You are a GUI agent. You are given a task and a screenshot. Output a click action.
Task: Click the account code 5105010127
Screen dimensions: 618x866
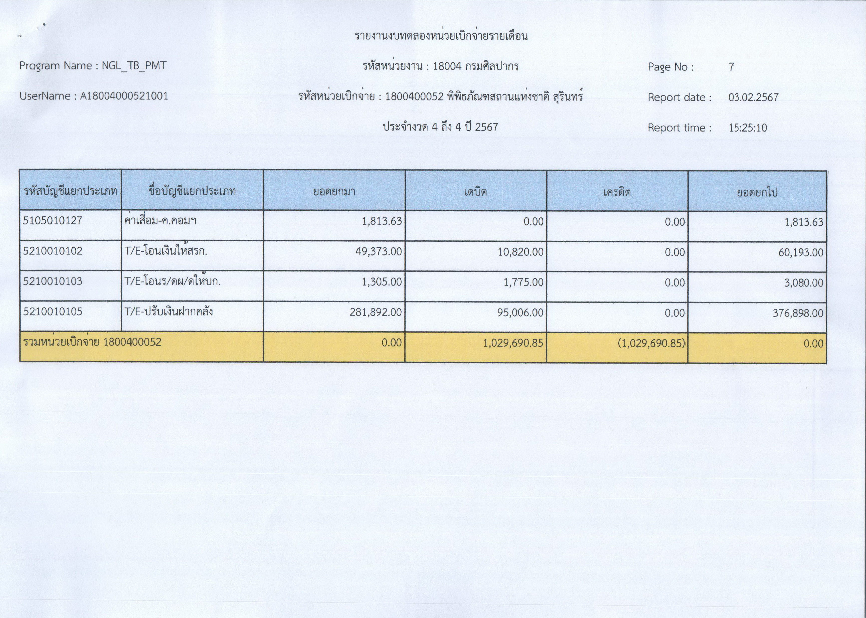pos(53,221)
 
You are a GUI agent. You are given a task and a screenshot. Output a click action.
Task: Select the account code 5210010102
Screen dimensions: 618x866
pos(53,251)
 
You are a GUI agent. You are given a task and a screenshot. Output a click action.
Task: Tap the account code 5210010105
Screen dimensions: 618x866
pos(53,312)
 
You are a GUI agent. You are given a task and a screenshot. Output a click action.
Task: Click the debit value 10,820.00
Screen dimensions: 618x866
pos(521,252)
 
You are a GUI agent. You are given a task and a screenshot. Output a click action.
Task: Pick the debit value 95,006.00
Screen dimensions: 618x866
pos(521,313)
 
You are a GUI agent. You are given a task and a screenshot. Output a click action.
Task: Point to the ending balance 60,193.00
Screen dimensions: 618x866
pos(801,252)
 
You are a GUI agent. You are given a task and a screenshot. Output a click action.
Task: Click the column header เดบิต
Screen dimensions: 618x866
pos(476,192)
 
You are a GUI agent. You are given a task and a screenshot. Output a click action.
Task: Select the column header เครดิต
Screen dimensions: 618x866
pos(617,192)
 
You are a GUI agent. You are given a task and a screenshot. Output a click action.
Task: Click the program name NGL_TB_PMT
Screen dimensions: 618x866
pos(134,66)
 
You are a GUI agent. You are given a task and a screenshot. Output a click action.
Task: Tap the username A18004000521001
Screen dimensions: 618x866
pos(124,96)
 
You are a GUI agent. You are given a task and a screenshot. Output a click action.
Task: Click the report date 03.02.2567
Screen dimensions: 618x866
pos(753,97)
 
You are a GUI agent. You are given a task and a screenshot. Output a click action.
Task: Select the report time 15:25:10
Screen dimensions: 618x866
pos(748,128)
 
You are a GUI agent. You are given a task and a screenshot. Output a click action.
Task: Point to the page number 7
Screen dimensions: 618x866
pos(731,67)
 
